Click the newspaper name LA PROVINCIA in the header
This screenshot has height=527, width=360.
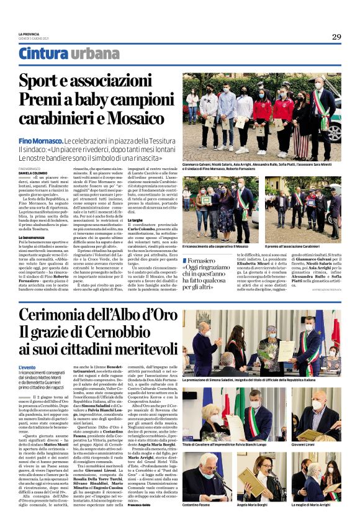coord(29,34)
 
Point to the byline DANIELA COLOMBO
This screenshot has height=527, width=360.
coord(33,172)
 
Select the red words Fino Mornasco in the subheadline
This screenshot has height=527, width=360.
coord(39,142)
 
